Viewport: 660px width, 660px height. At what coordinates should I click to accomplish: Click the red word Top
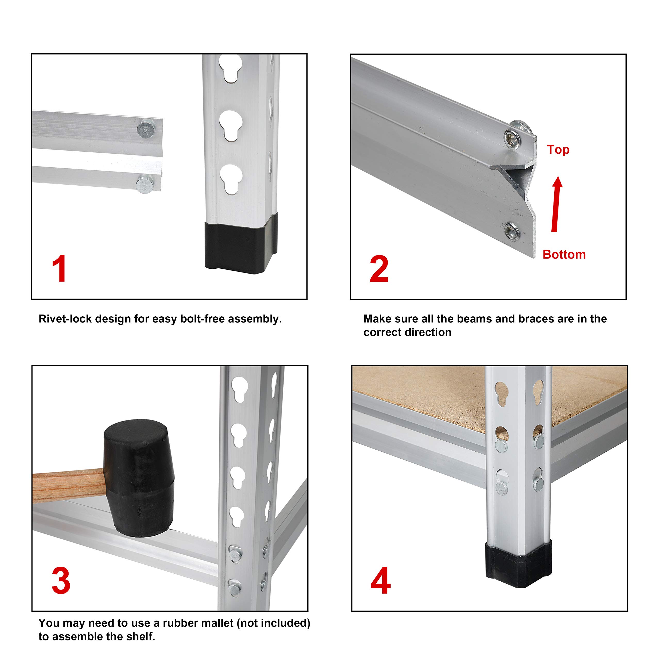[558, 150]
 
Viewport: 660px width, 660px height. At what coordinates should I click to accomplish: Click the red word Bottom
[564, 254]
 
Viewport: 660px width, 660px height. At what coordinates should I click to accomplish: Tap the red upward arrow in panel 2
[556, 204]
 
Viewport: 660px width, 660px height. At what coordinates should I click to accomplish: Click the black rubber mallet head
[139, 478]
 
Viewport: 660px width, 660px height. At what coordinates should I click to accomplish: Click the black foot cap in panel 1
[241, 243]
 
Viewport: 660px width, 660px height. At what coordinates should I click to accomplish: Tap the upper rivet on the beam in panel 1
[145, 129]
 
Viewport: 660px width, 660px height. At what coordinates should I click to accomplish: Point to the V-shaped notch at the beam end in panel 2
[524, 186]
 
